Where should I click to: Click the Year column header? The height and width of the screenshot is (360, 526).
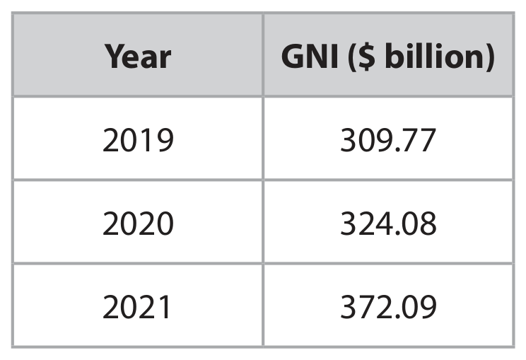pos(138,57)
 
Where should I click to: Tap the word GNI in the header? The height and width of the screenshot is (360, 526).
pos(310,57)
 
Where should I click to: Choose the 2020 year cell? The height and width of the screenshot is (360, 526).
pos(138,223)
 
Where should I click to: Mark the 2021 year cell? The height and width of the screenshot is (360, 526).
pos(137,307)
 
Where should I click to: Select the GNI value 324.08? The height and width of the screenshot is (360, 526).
pos(388,223)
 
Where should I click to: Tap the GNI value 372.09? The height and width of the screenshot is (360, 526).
pos(388,307)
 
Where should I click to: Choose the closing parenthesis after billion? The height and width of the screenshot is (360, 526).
pos(490,57)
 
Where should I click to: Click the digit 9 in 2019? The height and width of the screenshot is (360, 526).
pos(165,140)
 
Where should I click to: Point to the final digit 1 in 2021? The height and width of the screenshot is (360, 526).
pos(164,307)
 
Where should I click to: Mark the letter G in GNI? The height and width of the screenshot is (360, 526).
pos(293,57)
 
